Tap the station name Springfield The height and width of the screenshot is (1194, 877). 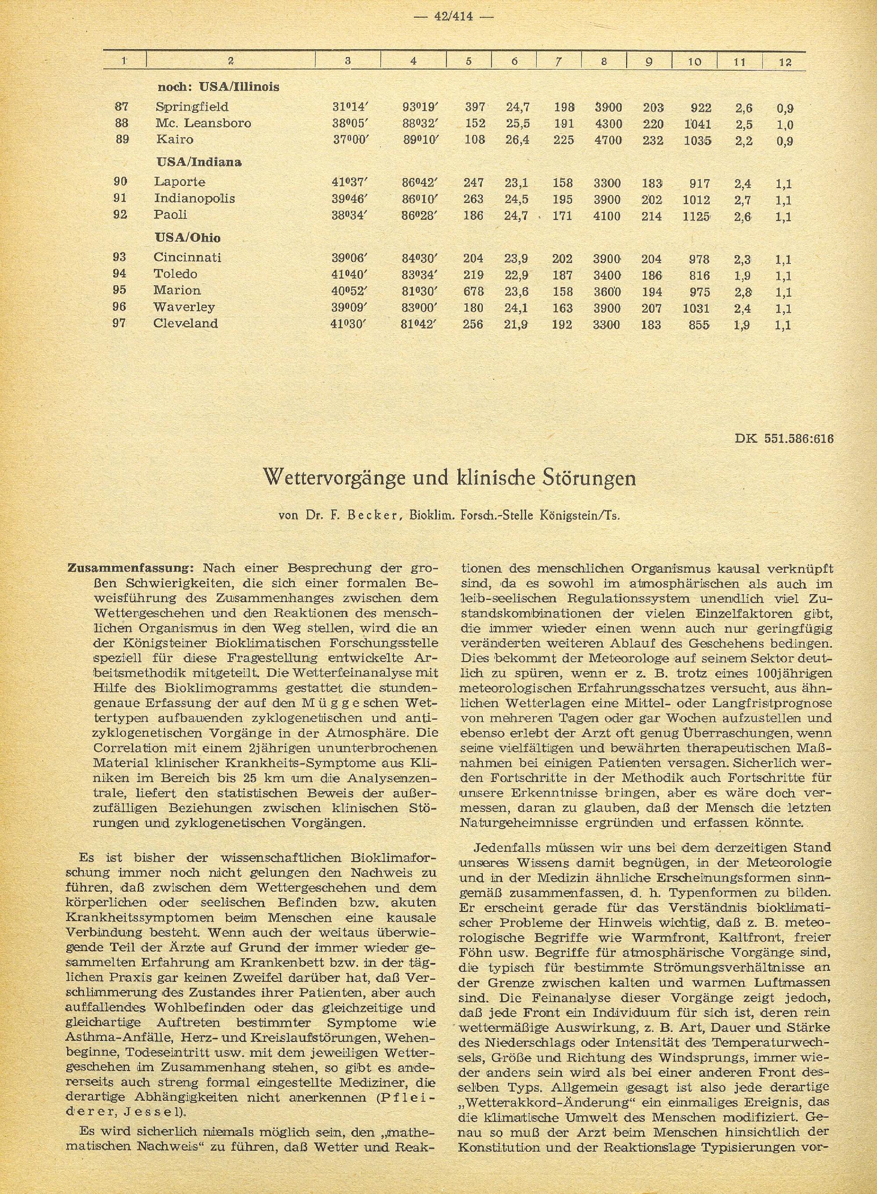coord(184,107)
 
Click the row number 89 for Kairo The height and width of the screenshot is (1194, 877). coord(122,139)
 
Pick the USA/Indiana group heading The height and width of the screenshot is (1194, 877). coord(199,162)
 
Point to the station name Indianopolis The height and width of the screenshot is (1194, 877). coord(194,199)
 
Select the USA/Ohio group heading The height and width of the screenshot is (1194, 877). coord(188,237)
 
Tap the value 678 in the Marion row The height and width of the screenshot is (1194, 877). coord(473,291)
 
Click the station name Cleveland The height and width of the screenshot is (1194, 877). coord(185,323)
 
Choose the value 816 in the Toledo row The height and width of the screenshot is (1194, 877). coord(698,275)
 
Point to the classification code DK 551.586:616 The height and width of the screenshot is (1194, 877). coord(784,439)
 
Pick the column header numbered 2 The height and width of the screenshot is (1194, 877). coord(230,61)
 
